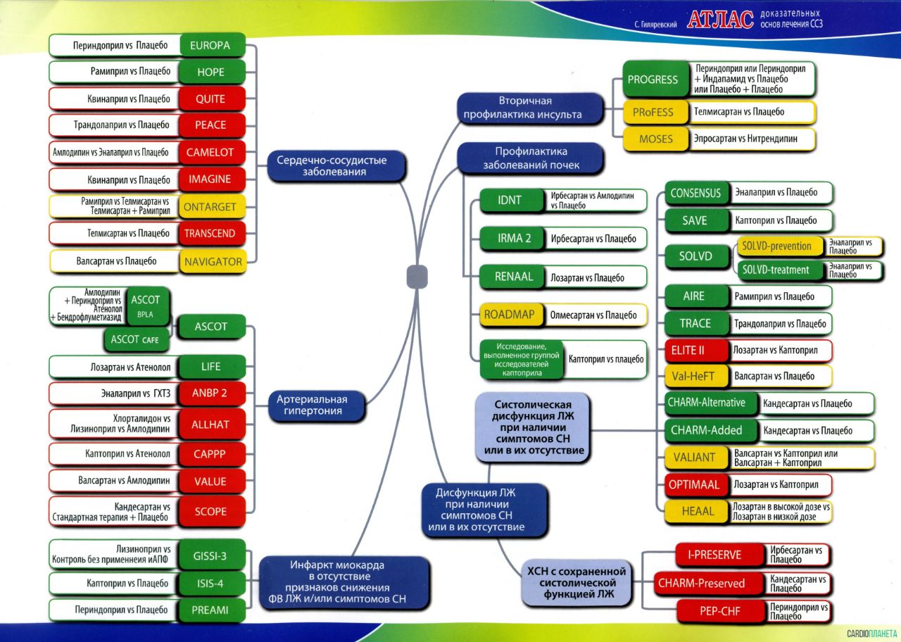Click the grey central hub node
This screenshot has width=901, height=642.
(x=417, y=277)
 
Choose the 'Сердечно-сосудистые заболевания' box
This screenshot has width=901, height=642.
(x=336, y=165)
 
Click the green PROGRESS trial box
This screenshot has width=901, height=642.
(x=655, y=80)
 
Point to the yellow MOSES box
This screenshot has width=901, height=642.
(x=655, y=139)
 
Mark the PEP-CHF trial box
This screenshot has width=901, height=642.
(x=720, y=611)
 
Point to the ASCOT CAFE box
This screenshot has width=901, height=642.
(x=137, y=339)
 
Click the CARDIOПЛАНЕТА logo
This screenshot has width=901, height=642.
(x=871, y=634)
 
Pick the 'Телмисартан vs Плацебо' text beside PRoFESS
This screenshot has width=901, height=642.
(x=739, y=112)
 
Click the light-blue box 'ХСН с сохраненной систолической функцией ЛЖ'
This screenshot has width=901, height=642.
(x=576, y=582)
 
